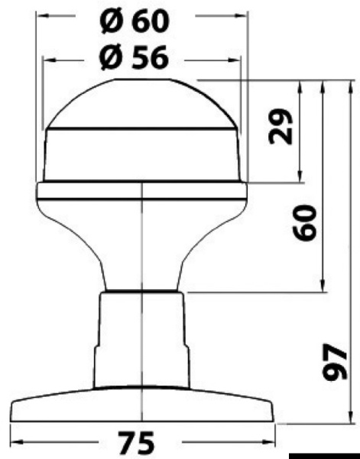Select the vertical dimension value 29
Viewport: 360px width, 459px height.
point(282,126)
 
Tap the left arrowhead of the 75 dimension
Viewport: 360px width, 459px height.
point(17,442)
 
